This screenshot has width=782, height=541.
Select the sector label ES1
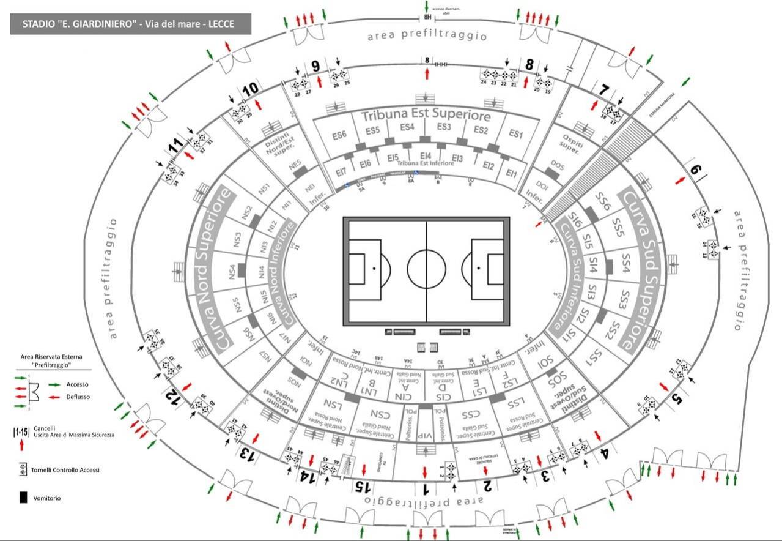(517, 134)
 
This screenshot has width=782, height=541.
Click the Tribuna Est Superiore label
(426, 115)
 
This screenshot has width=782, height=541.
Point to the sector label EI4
(426, 156)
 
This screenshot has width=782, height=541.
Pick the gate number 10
(250, 89)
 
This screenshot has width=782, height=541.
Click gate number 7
(604, 90)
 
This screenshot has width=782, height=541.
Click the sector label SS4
(625, 259)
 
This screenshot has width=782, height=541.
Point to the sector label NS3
(237, 237)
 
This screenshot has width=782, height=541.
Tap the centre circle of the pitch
(426, 268)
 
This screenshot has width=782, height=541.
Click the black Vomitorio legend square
(23, 498)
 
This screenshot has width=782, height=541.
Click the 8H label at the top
(427, 18)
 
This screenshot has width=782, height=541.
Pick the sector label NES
(295, 165)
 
